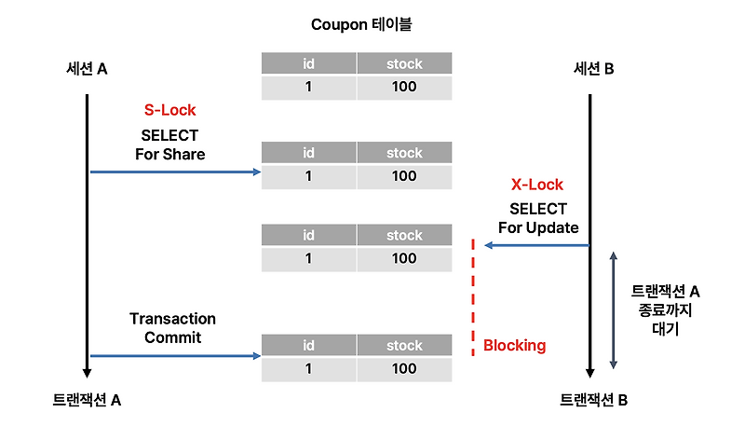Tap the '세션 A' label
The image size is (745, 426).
(87, 68)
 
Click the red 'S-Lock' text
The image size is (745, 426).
(169, 110)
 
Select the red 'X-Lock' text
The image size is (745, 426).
(537, 185)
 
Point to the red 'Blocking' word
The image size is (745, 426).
(514, 346)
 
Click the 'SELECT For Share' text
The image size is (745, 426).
(169, 144)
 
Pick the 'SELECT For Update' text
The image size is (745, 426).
(537, 218)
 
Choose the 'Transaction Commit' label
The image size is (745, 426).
(172, 328)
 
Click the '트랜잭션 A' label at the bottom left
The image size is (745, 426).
(87, 400)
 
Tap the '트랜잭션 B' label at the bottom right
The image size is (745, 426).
(593, 400)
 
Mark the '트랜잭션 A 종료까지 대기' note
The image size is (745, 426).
(666, 309)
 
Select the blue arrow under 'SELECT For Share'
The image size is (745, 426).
(174, 172)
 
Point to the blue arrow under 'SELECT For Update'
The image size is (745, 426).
(537, 245)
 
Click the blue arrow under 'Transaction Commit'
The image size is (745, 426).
(174, 355)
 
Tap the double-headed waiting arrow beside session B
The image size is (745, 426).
(612, 309)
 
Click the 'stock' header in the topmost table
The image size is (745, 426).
(404, 64)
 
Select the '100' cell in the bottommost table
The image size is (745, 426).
(404, 368)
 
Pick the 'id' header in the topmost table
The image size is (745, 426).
(308, 64)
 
